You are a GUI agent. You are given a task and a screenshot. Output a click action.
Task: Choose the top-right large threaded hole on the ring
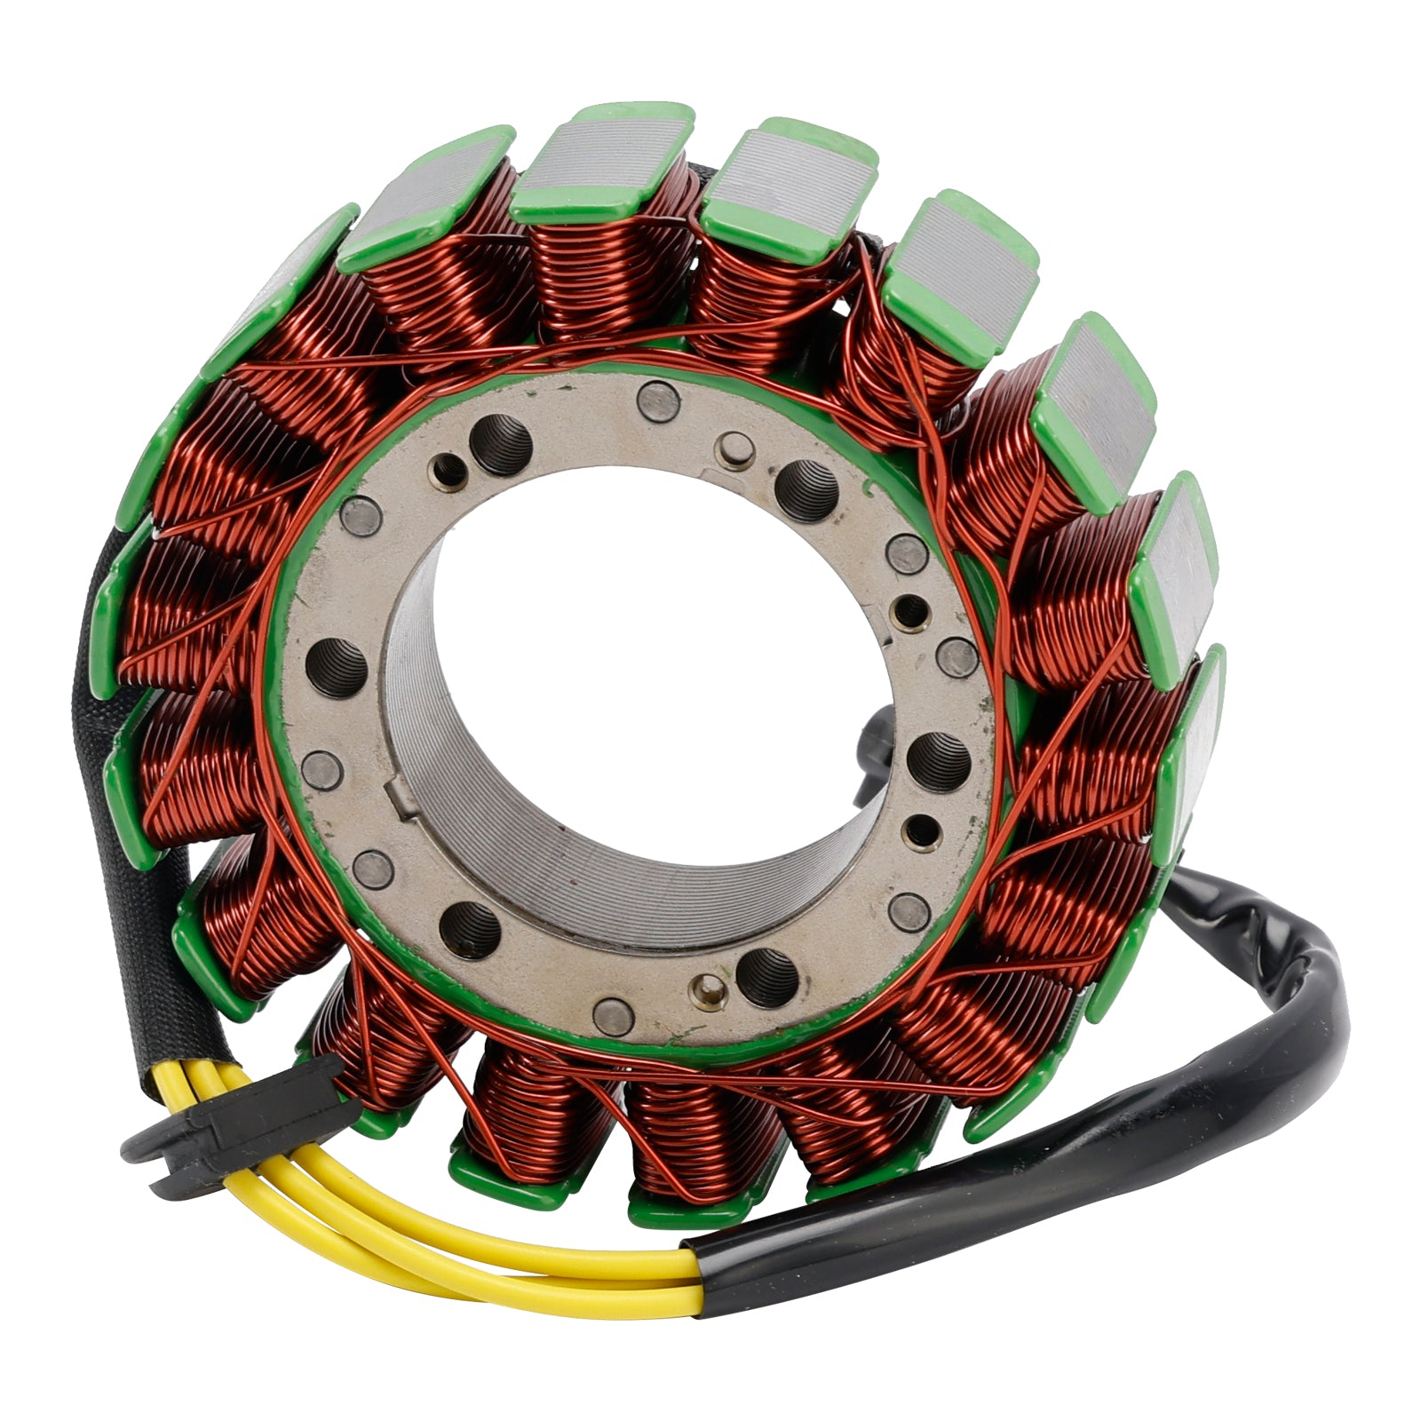point(806,488)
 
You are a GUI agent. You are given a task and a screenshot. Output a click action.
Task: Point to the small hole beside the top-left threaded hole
point(446,466)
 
